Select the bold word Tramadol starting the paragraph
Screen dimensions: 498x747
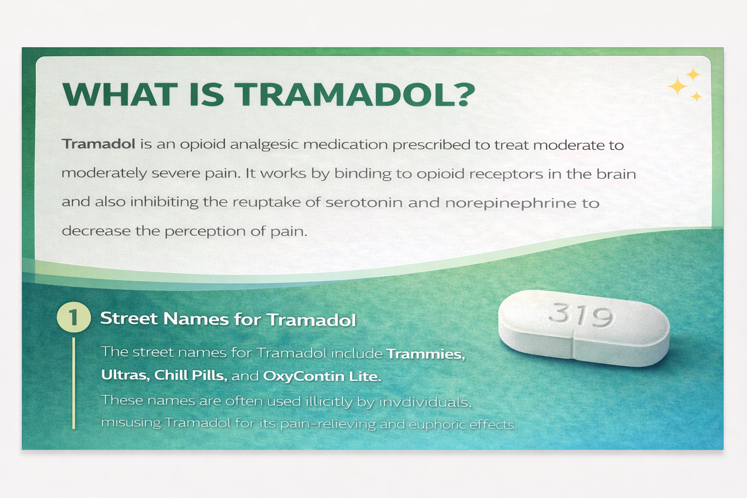[99, 144]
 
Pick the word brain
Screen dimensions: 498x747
[616, 174]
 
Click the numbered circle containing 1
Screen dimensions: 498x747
[74, 318]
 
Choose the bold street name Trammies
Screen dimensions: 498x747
[425, 354]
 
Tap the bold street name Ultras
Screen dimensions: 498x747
[124, 375]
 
